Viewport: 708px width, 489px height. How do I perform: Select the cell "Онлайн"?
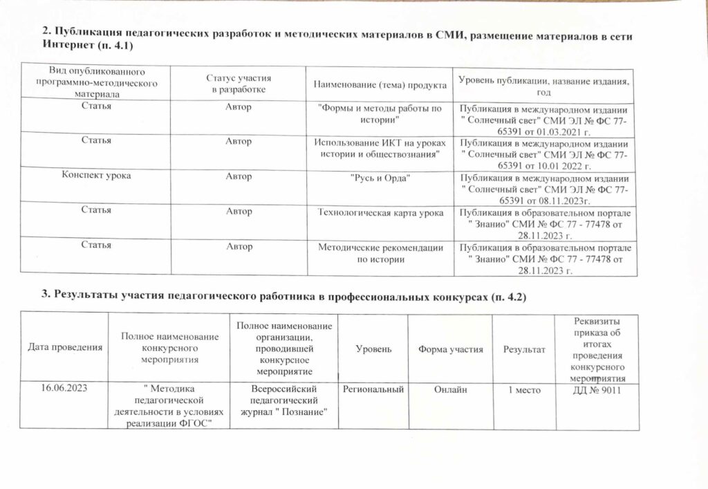click(450, 390)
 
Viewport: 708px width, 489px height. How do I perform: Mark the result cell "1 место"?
click(523, 390)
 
